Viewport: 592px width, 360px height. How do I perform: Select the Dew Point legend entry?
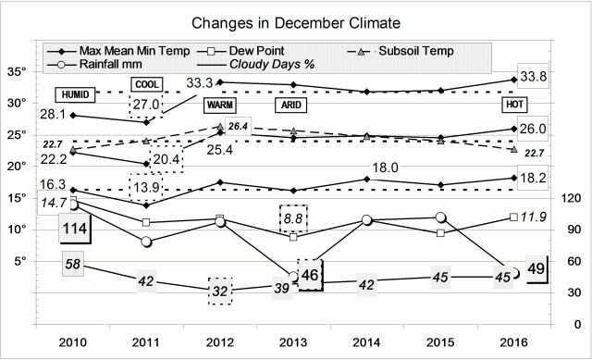[x=267, y=50]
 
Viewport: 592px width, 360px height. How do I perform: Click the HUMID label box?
[x=73, y=95]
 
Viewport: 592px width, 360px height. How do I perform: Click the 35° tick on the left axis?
[x=16, y=71]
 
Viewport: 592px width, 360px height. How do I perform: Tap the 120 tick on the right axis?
[x=570, y=198]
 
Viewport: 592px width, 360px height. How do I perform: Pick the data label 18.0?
[x=384, y=168]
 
